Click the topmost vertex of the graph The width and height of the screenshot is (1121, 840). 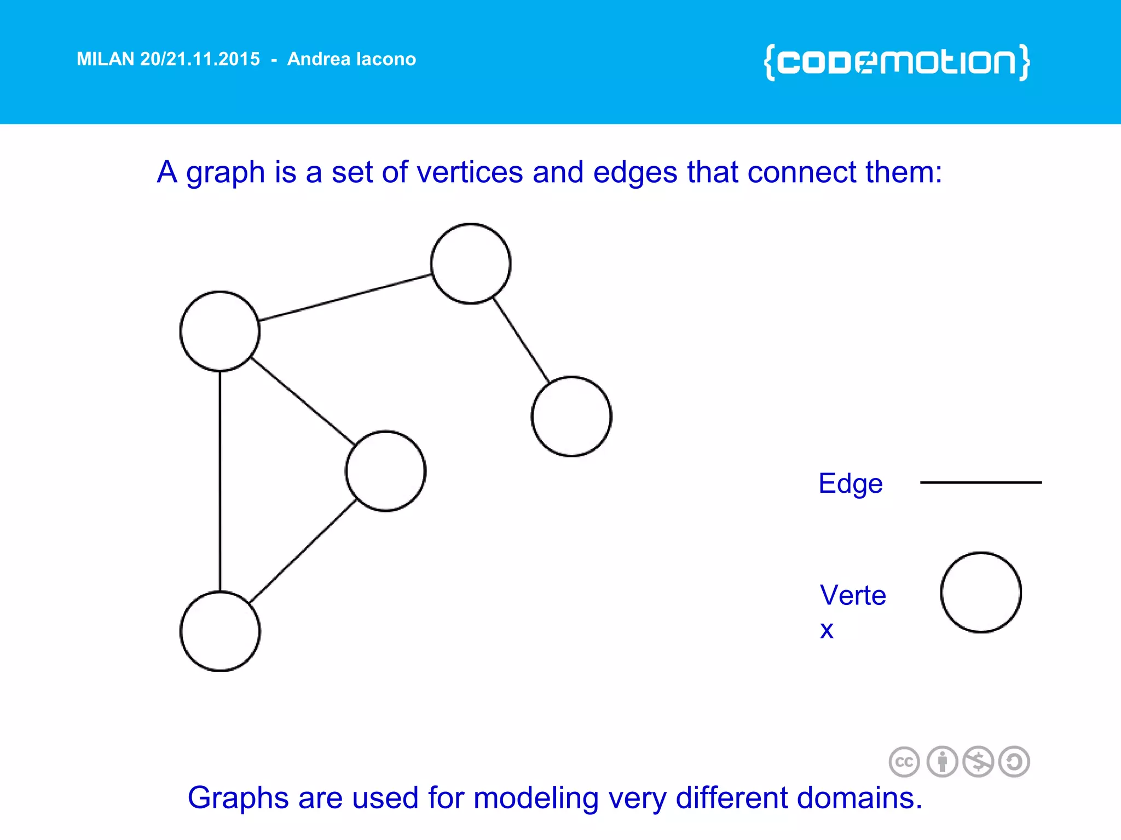click(471, 264)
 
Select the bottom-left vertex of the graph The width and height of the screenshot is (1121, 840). click(220, 631)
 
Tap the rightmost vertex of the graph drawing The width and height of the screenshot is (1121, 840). click(571, 416)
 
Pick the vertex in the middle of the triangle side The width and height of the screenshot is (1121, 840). click(386, 471)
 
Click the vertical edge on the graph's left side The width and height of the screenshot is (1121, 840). click(220, 481)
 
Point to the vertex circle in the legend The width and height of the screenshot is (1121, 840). click(981, 592)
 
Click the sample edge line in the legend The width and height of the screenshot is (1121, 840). click(981, 482)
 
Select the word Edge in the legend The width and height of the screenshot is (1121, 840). click(850, 483)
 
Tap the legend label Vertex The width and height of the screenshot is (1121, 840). click(852, 596)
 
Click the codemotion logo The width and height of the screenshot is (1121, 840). click(897, 62)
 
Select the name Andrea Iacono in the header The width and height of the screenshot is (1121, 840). click(351, 59)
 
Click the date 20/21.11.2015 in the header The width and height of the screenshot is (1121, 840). click(200, 59)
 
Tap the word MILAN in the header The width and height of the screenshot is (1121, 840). click(105, 59)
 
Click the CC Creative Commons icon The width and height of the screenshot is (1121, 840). click(904, 762)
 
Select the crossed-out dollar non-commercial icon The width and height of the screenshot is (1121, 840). click(978, 762)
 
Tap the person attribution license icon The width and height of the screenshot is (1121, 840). click(942, 762)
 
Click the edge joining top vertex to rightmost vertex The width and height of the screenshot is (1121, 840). click(521, 340)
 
